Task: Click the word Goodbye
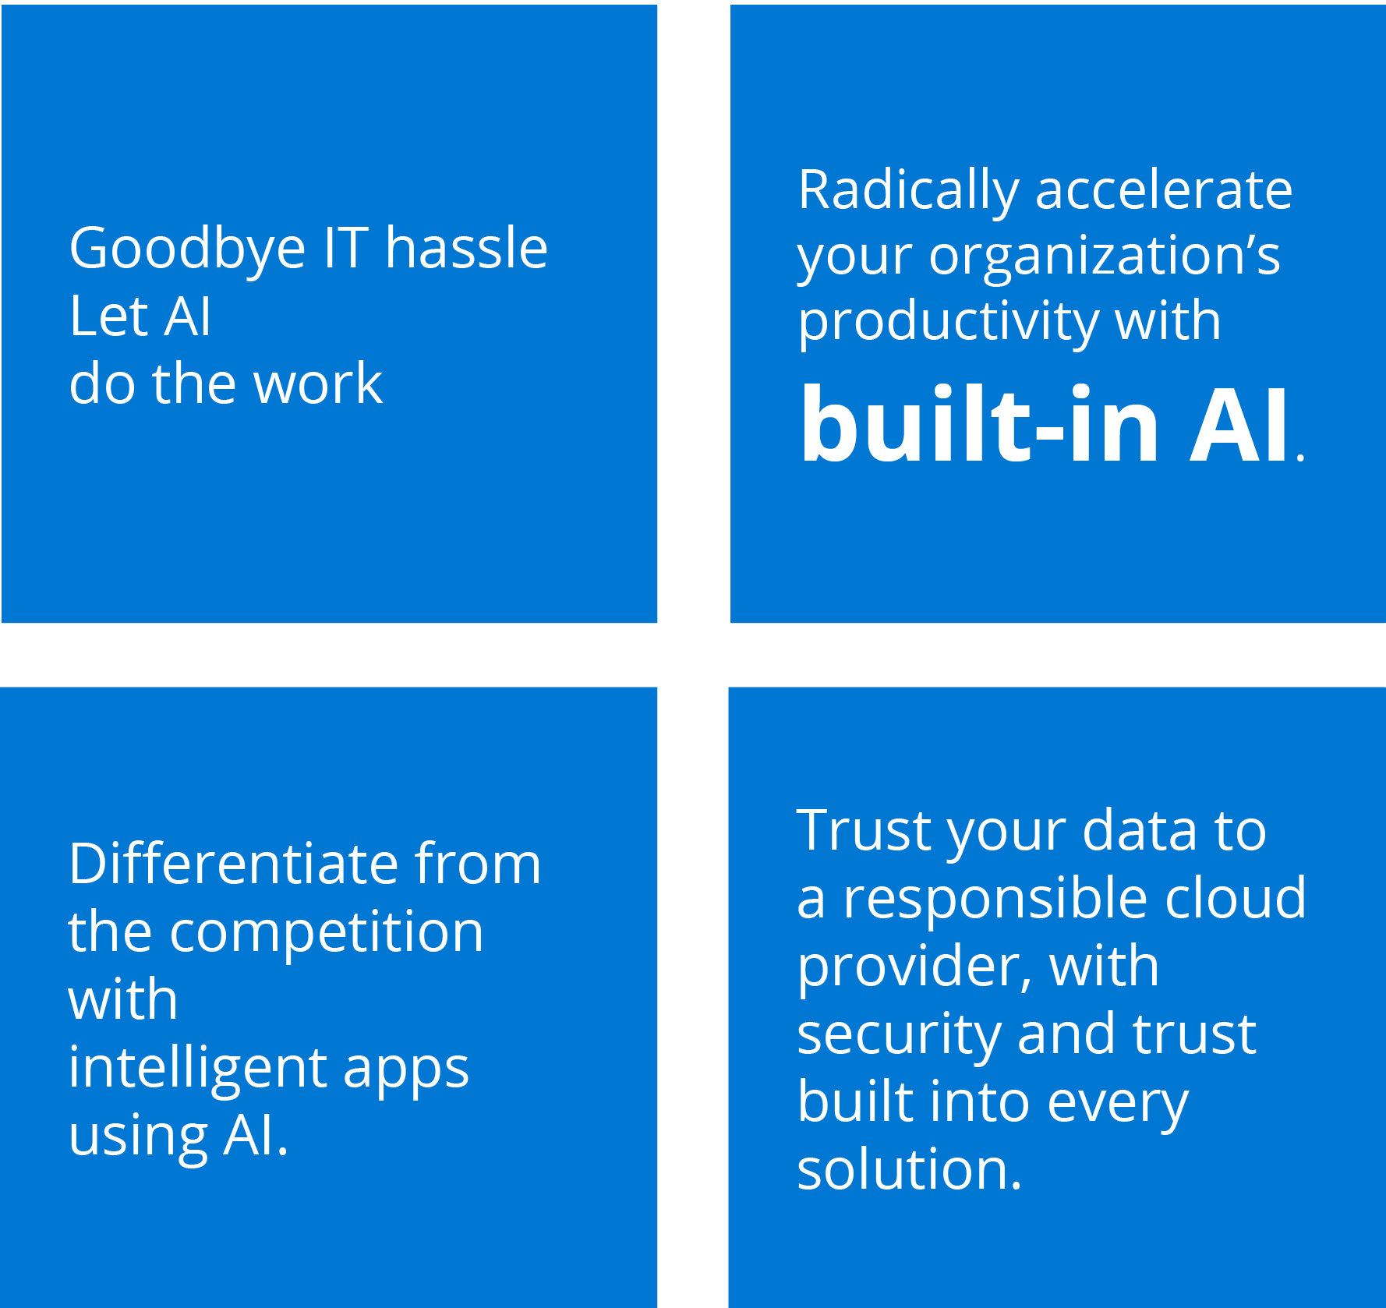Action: pos(187,250)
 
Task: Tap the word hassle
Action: pos(466,247)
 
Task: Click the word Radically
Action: pos(909,191)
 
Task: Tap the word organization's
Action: pos(1105,258)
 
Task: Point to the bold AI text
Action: pos(1239,425)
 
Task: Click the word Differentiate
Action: pos(234,863)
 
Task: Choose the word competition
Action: pos(327,934)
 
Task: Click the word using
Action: pos(139,1138)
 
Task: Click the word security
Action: pos(899,1036)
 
